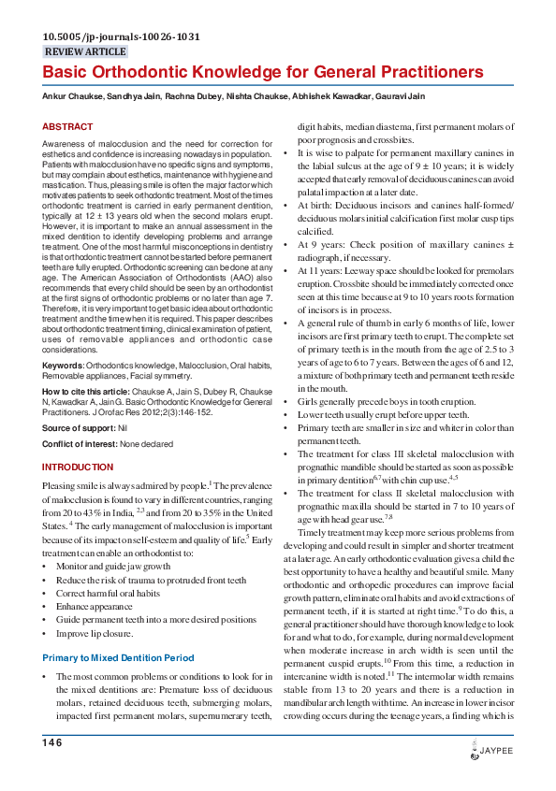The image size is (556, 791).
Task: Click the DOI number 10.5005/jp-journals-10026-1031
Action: pyautogui.click(x=121, y=37)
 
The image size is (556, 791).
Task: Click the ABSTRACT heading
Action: pyautogui.click(x=67, y=126)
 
